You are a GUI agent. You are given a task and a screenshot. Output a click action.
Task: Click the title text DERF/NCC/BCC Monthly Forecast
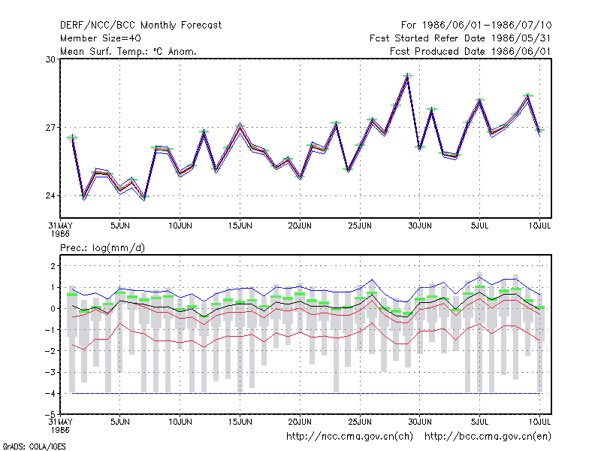click(140, 26)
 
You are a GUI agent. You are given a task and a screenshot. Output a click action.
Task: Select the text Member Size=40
click(101, 38)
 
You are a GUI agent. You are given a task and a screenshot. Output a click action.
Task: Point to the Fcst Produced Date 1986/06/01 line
click(470, 51)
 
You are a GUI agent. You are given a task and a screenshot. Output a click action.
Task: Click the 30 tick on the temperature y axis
click(50, 59)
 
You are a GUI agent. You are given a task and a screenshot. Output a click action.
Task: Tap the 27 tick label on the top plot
click(50, 128)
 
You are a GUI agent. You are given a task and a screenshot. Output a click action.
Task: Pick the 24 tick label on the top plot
click(50, 196)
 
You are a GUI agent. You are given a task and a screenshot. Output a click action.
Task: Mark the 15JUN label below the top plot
click(240, 226)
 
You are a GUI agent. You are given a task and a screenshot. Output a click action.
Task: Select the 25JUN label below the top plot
click(360, 226)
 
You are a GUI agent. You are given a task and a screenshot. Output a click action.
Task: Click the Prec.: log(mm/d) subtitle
click(102, 248)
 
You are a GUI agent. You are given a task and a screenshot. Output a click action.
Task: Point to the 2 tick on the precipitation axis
click(53, 266)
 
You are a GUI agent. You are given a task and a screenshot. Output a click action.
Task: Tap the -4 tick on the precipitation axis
click(50, 393)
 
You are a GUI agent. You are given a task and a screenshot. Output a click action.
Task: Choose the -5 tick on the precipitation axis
click(50, 415)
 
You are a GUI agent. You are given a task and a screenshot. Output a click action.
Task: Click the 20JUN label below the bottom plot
click(300, 422)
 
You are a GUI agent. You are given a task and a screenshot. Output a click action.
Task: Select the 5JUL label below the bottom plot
click(479, 422)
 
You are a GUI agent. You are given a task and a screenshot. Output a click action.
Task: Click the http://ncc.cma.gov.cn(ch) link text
click(349, 437)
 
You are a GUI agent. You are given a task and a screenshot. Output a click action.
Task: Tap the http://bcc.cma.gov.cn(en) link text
click(488, 437)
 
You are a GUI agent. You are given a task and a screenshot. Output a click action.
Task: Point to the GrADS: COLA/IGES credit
click(35, 446)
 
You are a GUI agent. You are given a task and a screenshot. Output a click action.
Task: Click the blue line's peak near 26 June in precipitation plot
click(372, 280)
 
